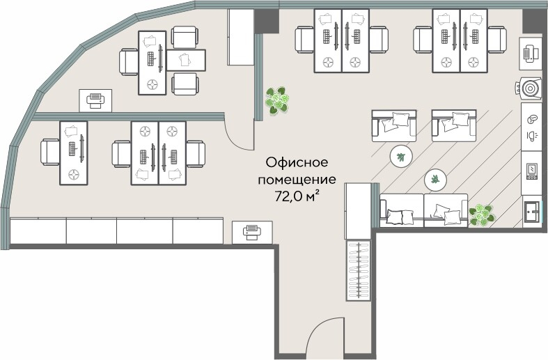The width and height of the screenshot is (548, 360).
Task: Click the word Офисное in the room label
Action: tap(296, 162)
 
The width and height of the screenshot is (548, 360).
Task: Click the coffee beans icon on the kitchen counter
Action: tap(532, 119)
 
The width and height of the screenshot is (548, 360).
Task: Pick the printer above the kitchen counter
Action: tap(531, 52)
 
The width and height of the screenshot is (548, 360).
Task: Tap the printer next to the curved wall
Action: tap(94, 100)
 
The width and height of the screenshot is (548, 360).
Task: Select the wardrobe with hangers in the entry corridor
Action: tap(359, 271)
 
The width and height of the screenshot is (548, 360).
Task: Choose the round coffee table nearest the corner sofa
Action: tap(436, 180)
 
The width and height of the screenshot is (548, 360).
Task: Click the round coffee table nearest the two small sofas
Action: tap(400, 156)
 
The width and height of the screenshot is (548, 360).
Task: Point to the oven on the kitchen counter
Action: tap(532, 169)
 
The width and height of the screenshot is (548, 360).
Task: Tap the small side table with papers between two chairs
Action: tap(185, 60)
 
